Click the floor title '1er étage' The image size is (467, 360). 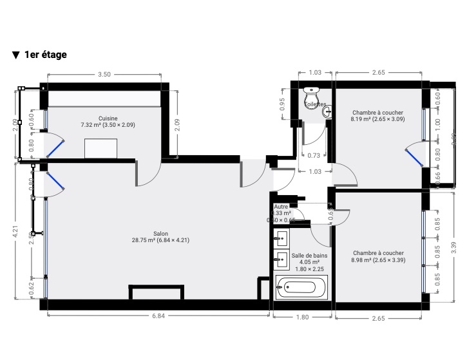[45, 55]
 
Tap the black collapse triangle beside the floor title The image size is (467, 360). [15, 55]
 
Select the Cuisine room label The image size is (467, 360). [108, 118]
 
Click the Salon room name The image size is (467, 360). [161, 233]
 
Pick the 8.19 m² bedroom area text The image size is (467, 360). [377, 119]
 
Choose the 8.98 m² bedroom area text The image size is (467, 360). [378, 260]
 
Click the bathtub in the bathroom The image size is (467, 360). [301, 287]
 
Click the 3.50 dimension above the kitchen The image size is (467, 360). [104, 74]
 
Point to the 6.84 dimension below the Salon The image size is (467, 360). [158, 316]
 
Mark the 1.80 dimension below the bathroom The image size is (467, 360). [302, 317]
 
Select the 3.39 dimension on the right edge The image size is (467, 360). [454, 246]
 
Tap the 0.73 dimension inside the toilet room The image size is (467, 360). [314, 155]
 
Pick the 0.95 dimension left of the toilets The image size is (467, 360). [282, 104]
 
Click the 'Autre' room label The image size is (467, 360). [281, 207]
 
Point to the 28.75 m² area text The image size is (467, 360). [161, 240]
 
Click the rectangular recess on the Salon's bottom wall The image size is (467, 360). [157, 293]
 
